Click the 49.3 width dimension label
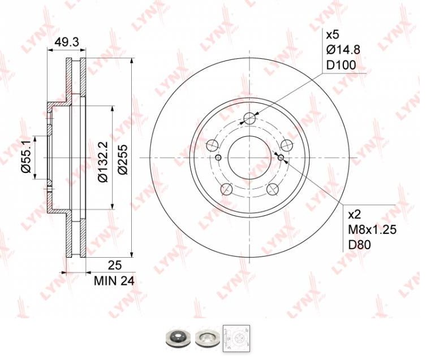(67, 42)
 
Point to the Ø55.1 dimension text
(27, 157)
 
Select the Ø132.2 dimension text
(104, 162)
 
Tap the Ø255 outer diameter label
(123, 159)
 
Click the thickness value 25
(115, 265)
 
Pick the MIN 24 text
(114, 281)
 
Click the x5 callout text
(333, 35)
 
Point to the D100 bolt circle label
(341, 65)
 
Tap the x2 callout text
(355, 215)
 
